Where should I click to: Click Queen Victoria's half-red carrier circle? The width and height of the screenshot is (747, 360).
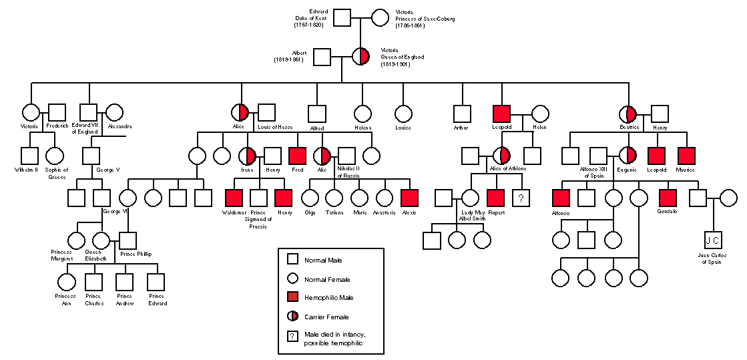click(361, 57)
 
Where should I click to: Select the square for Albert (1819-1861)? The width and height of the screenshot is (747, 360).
click(322, 57)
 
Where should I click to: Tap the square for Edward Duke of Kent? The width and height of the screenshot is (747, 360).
click(342, 17)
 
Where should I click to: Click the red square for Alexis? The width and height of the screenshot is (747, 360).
click(409, 197)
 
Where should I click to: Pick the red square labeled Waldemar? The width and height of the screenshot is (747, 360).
click(234, 197)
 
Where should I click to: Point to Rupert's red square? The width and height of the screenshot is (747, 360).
click(495, 197)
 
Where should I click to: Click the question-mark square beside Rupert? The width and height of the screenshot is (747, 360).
click(521, 197)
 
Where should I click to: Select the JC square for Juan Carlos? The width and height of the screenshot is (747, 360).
click(713, 239)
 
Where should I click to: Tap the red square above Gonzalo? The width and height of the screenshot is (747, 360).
click(668, 197)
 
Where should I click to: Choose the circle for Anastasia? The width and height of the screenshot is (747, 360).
click(385, 197)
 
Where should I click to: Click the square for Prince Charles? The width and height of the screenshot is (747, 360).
click(94, 282)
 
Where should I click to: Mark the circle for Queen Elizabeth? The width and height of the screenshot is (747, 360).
click(101, 239)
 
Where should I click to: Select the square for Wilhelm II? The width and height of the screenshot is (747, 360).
click(29, 155)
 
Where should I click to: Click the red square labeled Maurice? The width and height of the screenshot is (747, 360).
click(686, 155)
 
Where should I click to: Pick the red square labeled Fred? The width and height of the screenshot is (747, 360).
click(297, 155)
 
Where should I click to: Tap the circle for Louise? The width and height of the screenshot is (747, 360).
click(403, 114)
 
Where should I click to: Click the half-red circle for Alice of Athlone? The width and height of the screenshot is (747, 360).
click(501, 155)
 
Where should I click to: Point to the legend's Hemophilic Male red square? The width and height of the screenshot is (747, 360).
click(292, 297)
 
